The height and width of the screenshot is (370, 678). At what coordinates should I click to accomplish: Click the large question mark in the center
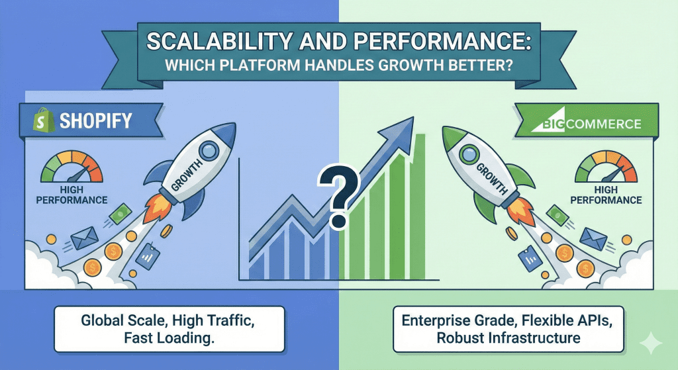[x=338, y=197]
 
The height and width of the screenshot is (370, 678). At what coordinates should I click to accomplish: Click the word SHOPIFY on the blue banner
[x=95, y=120]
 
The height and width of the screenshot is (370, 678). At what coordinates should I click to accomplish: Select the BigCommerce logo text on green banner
[x=586, y=124]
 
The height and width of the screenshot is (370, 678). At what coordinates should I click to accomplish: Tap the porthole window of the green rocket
[x=468, y=154]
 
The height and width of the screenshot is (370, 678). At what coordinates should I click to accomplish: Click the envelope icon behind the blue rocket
[x=85, y=238]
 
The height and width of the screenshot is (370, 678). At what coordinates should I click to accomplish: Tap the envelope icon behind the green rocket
[x=593, y=239]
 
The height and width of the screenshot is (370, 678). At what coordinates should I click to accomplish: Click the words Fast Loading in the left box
[x=169, y=338]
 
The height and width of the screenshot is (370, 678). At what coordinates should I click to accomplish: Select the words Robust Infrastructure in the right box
[x=508, y=337]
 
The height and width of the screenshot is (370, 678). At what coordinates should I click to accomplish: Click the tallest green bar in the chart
[x=418, y=207]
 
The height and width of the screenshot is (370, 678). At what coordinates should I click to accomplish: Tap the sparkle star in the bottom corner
[x=651, y=344]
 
